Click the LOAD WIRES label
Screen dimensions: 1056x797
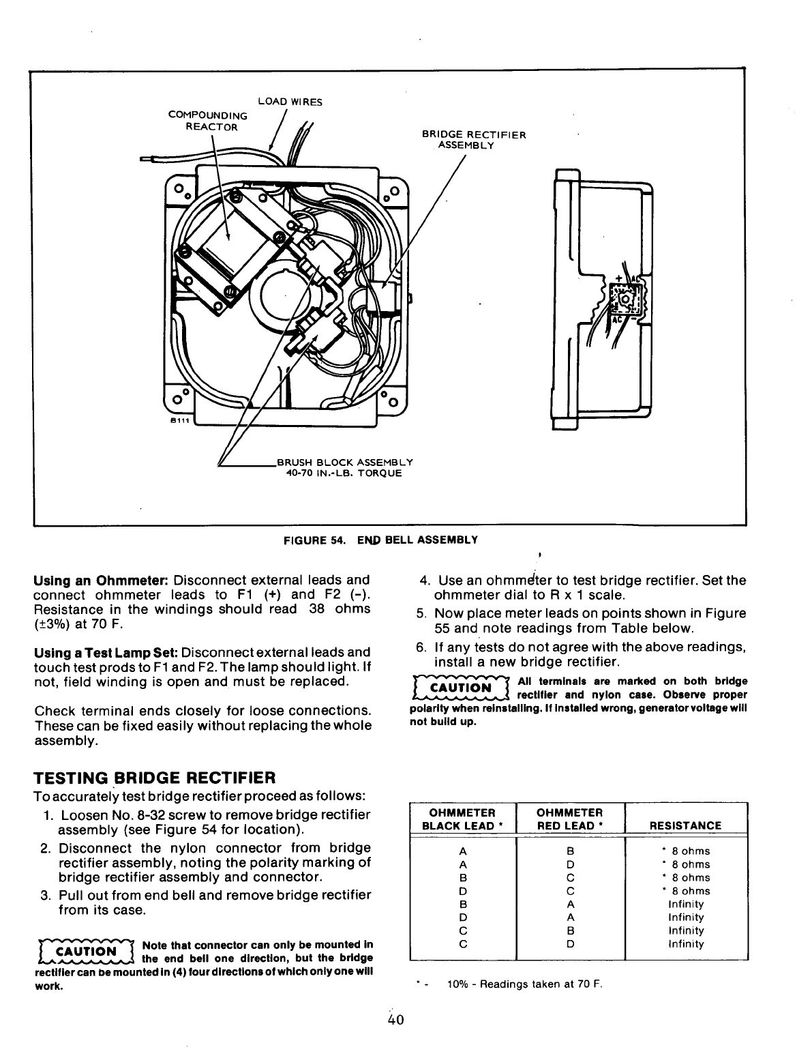290,102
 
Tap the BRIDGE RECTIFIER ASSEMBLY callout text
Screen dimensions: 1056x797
474,140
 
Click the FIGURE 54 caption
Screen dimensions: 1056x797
380,540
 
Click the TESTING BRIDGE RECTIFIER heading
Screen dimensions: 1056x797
154,778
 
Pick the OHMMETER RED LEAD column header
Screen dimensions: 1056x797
570,819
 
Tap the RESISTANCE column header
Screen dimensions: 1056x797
685,825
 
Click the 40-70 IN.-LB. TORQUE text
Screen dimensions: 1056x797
344,472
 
